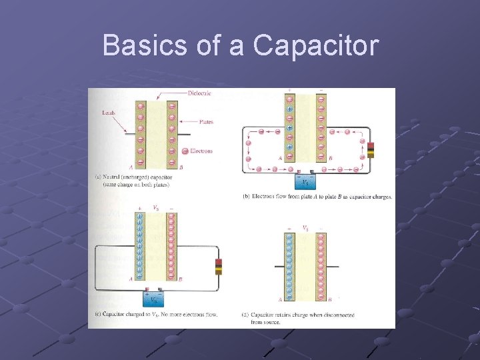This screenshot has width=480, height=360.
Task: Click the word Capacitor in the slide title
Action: [x=317, y=46]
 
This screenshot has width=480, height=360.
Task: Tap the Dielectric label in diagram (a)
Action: [x=199, y=93]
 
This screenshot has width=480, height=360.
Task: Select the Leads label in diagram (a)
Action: [x=108, y=113]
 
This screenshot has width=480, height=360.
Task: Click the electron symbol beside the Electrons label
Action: [x=185, y=151]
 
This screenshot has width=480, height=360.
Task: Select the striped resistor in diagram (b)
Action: [x=371, y=150]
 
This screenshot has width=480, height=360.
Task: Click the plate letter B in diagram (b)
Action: [x=330, y=158]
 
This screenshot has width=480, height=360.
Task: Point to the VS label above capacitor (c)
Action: [x=156, y=207]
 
